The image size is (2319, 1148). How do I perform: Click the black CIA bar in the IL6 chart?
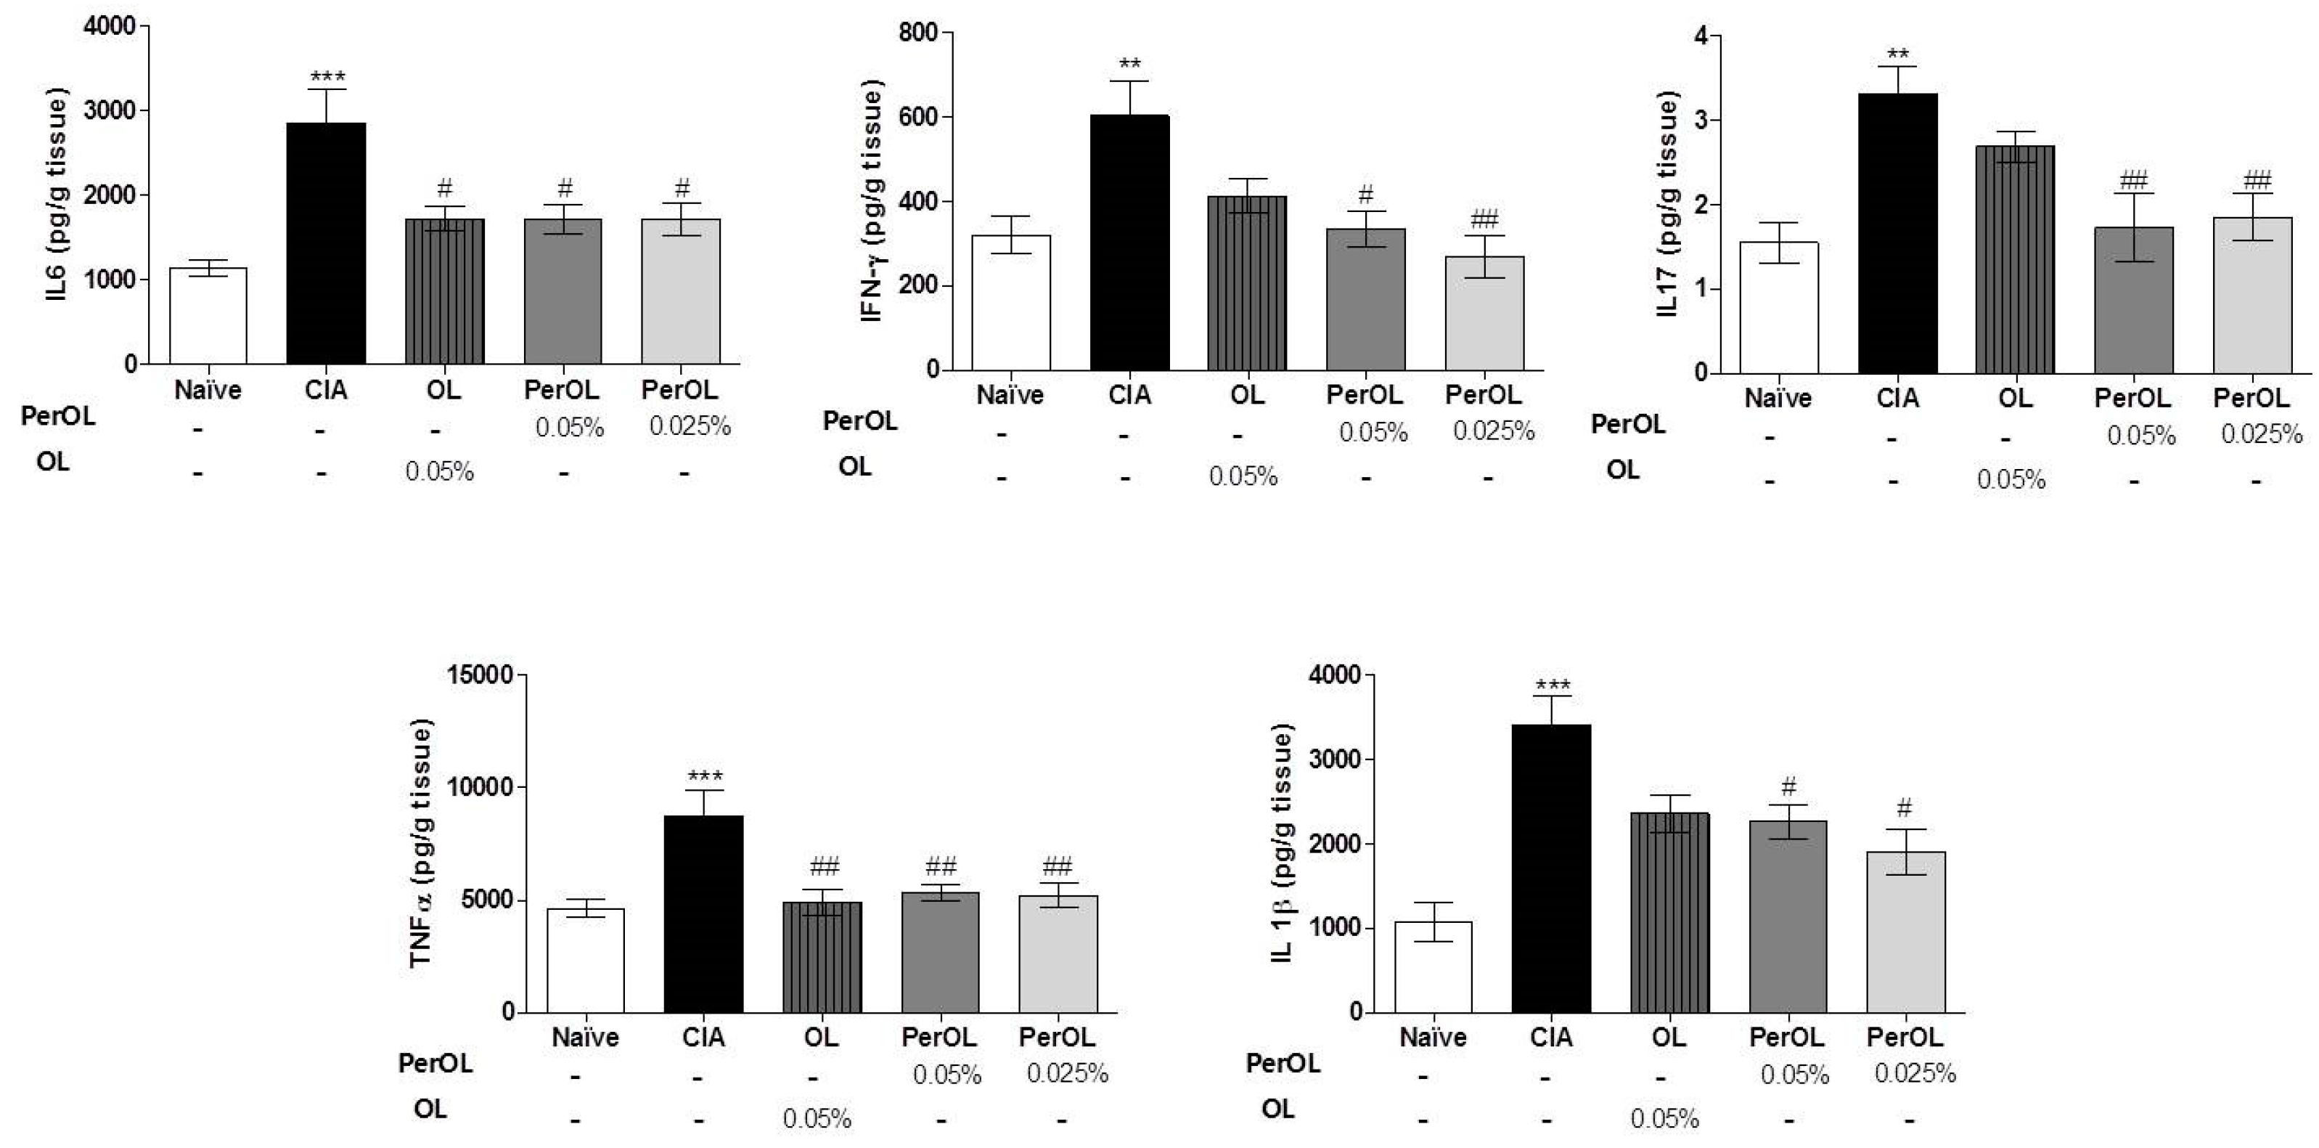tap(326, 243)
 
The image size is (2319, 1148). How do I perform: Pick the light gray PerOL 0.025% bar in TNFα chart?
tap(1058, 954)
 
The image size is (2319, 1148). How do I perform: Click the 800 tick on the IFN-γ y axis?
tap(919, 33)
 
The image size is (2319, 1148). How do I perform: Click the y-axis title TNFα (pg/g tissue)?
tap(421, 844)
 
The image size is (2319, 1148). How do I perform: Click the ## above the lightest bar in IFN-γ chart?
tap(1484, 219)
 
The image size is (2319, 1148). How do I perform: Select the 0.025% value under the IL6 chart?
tap(690, 426)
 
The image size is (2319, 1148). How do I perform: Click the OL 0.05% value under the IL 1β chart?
tap(1664, 1119)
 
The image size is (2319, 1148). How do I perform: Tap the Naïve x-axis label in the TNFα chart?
tap(585, 1037)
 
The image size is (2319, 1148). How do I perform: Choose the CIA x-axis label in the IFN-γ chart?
tap(1129, 395)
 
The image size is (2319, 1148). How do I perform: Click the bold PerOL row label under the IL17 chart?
tap(1627, 424)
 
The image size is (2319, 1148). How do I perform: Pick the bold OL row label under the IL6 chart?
tap(52, 462)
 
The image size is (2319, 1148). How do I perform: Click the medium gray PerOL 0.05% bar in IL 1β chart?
tap(1788, 916)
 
